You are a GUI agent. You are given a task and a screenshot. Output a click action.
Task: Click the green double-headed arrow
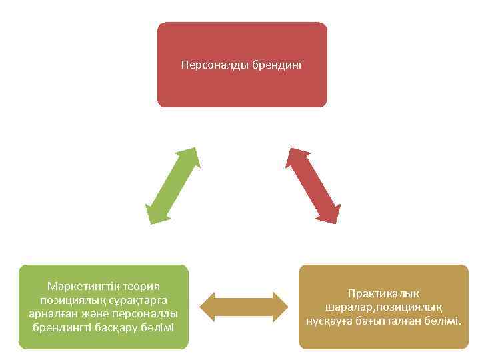click(x=172, y=185)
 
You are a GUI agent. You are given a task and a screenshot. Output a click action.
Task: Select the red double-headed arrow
click(x=313, y=185)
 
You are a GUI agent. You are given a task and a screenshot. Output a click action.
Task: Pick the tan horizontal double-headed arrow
click(x=243, y=306)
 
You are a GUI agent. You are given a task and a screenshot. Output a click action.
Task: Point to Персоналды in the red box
click(x=215, y=65)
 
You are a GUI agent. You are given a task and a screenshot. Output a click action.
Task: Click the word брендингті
click(x=63, y=327)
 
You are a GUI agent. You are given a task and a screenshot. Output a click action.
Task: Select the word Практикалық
click(x=383, y=293)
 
